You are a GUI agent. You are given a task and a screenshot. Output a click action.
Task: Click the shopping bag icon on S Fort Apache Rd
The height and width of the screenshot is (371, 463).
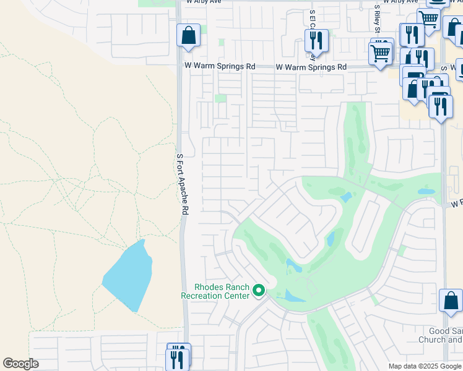coord(188,36)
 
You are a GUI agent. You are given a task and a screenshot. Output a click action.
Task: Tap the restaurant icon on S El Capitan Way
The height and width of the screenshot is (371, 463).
coord(316,41)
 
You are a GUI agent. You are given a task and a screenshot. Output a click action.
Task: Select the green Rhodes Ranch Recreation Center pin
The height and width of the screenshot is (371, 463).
coord(259,290)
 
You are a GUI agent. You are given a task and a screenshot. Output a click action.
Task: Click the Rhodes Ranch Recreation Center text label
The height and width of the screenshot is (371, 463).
coord(222,291)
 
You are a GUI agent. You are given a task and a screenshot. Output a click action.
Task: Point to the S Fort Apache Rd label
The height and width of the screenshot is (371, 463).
coord(181,184)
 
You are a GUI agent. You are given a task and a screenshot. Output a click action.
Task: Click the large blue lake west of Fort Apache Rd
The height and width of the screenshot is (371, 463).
coord(128,276)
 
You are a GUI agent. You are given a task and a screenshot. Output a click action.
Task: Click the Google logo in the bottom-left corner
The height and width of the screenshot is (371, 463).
coord(20,364)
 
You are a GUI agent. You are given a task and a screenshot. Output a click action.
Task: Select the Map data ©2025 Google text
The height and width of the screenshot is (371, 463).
coord(425,366)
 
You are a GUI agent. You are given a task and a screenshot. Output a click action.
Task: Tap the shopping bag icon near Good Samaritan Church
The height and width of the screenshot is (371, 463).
coord(451,301)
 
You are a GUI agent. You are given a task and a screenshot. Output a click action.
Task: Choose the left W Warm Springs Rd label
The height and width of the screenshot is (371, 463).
coord(219,66)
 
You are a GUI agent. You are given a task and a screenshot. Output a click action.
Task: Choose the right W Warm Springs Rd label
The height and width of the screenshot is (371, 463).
coord(311,67)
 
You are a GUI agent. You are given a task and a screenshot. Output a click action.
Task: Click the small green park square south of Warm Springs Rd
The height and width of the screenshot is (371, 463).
coord(221,98)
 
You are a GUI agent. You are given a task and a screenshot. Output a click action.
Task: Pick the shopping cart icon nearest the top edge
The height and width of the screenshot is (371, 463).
coord(428,19)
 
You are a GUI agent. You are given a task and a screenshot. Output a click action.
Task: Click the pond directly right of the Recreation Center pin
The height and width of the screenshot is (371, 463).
coord(293,296)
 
